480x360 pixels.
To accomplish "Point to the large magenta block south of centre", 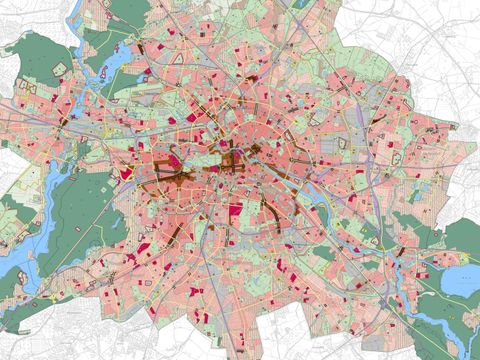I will click(x=237, y=212).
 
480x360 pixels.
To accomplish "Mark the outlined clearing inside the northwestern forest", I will click(x=57, y=69).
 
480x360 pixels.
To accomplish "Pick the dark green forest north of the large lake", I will click(x=460, y=240).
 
